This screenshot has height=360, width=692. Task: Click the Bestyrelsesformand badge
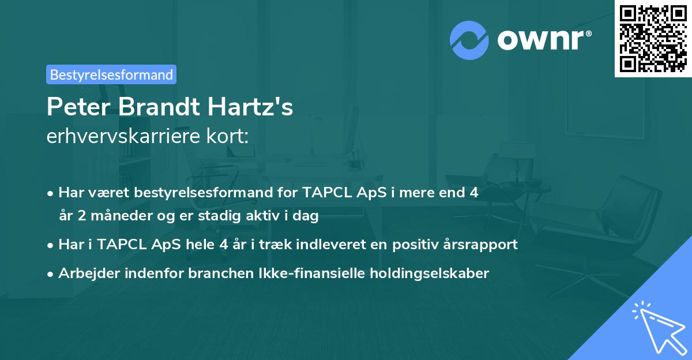pos(111,74)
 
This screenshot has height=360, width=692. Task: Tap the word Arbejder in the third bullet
pos(85,273)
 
